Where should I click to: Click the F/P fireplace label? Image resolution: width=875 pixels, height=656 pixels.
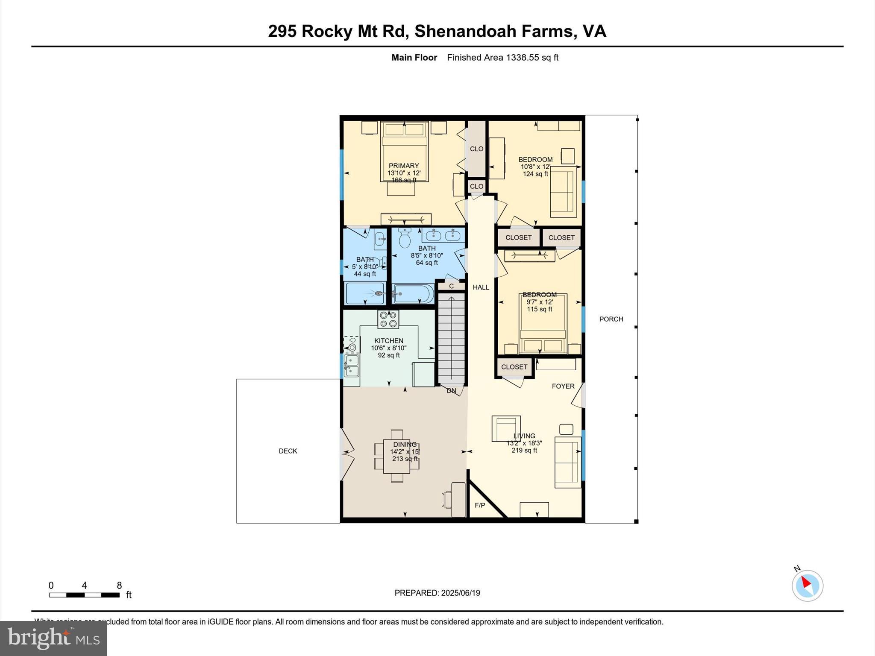480,505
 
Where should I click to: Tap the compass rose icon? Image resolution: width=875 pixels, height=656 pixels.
807,586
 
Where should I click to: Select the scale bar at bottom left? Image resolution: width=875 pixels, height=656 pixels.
84,594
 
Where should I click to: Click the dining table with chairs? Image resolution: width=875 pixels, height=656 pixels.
396,457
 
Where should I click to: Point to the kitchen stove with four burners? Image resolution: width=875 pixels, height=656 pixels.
388,319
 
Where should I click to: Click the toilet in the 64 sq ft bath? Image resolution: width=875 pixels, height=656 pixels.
404,237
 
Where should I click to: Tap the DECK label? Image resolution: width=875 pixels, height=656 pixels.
288,451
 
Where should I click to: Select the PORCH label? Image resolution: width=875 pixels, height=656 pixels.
611,319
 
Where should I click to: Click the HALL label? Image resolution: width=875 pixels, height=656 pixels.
481,287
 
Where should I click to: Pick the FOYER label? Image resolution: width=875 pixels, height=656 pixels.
563,386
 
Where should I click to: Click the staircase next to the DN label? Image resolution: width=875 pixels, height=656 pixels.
451,337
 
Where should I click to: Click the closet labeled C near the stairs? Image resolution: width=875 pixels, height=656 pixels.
451,286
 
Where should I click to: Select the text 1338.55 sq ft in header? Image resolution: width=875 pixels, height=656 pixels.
532,58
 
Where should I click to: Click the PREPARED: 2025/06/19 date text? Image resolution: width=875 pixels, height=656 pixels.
437,593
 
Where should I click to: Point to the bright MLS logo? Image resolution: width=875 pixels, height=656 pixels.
53,638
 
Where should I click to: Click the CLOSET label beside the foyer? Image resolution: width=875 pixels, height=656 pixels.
514,367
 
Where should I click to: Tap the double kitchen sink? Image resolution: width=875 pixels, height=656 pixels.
352,366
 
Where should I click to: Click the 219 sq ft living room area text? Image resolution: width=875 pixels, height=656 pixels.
524,450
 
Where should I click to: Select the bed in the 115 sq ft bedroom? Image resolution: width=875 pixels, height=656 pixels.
543,324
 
